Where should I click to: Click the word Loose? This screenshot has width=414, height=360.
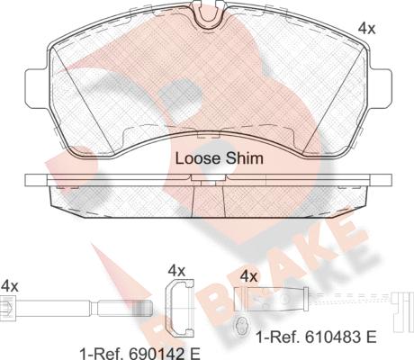click(x=198, y=158)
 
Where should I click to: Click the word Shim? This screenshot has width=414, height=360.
click(x=245, y=158)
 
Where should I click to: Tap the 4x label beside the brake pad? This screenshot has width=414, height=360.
click(x=366, y=29)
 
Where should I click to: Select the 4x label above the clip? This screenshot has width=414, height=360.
click(x=176, y=271)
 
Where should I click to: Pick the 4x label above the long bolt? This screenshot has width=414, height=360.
click(x=9, y=286)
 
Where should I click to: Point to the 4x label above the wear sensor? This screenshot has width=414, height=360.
click(x=249, y=276)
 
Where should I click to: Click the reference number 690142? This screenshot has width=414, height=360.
click(x=155, y=355)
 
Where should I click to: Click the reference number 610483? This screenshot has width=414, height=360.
click(x=332, y=337)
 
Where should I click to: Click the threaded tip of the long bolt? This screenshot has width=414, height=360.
click(x=145, y=308)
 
